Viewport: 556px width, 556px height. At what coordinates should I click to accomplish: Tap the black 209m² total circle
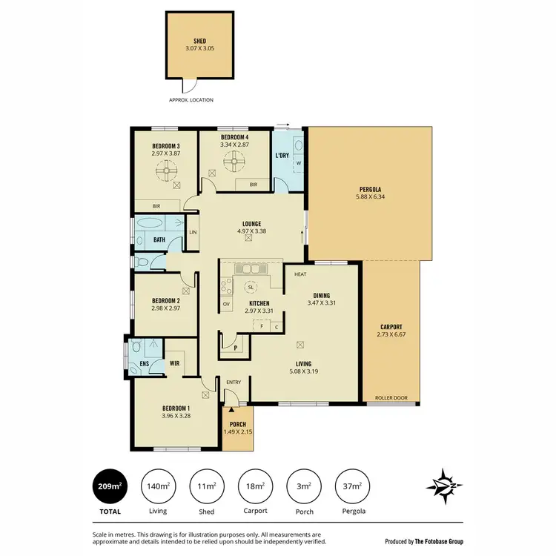(x=109, y=486)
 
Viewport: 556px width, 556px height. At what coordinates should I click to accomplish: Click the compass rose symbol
(x=444, y=486)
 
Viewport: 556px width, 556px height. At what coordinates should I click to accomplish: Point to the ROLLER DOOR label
(x=391, y=398)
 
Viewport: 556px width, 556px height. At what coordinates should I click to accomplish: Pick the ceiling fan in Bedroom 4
(x=238, y=159)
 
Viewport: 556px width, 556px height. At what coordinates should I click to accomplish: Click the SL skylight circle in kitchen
(x=251, y=287)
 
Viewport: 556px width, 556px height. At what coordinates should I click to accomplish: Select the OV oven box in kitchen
(x=227, y=304)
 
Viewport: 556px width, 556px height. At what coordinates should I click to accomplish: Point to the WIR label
(x=176, y=363)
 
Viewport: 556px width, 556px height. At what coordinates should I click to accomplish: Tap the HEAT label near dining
(x=300, y=274)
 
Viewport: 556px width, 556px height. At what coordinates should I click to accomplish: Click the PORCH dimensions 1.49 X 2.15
(x=238, y=431)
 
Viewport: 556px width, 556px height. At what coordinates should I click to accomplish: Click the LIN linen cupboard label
(x=193, y=233)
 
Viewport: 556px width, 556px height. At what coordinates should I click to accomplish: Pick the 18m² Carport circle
(x=256, y=486)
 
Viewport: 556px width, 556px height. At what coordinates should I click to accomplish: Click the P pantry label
(x=235, y=345)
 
